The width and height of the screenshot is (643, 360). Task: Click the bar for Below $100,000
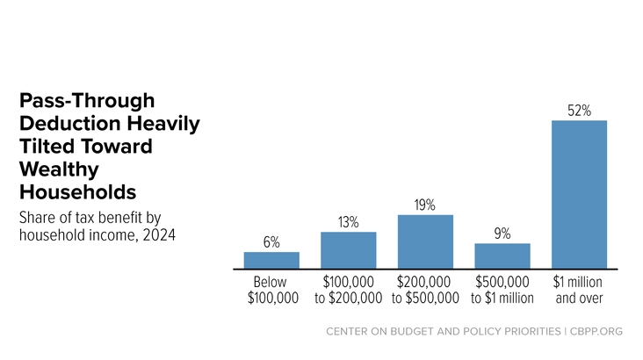[271, 261]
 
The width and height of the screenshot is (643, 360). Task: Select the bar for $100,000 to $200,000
[349, 250]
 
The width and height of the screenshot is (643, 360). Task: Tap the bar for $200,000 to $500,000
[425, 242]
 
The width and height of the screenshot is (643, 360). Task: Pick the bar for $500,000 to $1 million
[502, 256]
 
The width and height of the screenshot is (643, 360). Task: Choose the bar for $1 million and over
[580, 195]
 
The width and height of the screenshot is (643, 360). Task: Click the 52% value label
[580, 111]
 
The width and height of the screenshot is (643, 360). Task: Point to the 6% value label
[271, 242]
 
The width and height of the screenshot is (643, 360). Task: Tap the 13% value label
[349, 222]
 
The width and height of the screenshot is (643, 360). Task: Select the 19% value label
[425, 205]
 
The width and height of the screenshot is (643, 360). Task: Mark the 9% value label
[502, 234]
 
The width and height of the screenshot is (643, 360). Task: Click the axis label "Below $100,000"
[272, 290]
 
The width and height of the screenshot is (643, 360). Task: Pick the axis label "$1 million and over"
[578, 290]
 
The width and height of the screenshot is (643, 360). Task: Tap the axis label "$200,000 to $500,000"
[425, 290]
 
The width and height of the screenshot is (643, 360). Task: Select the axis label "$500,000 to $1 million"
[502, 290]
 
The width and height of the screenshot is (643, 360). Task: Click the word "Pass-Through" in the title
[87, 100]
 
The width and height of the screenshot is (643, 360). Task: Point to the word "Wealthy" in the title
[59, 169]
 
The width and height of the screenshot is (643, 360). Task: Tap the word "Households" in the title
[78, 192]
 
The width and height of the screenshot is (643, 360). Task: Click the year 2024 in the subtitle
[159, 235]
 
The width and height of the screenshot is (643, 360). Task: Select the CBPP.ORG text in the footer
[596, 331]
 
